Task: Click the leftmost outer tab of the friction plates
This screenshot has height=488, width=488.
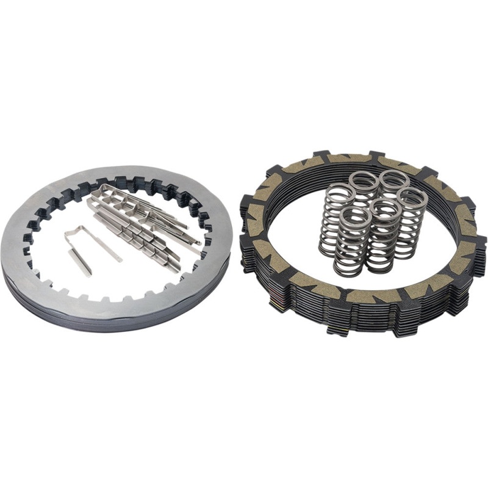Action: coord(246,202)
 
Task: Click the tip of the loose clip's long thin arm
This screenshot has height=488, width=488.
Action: coord(120,259)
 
